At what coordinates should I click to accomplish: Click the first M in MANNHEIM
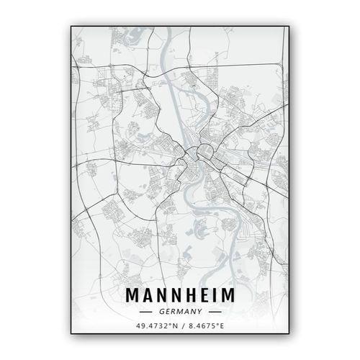[133, 296]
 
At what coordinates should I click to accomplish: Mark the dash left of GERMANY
[147, 312]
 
